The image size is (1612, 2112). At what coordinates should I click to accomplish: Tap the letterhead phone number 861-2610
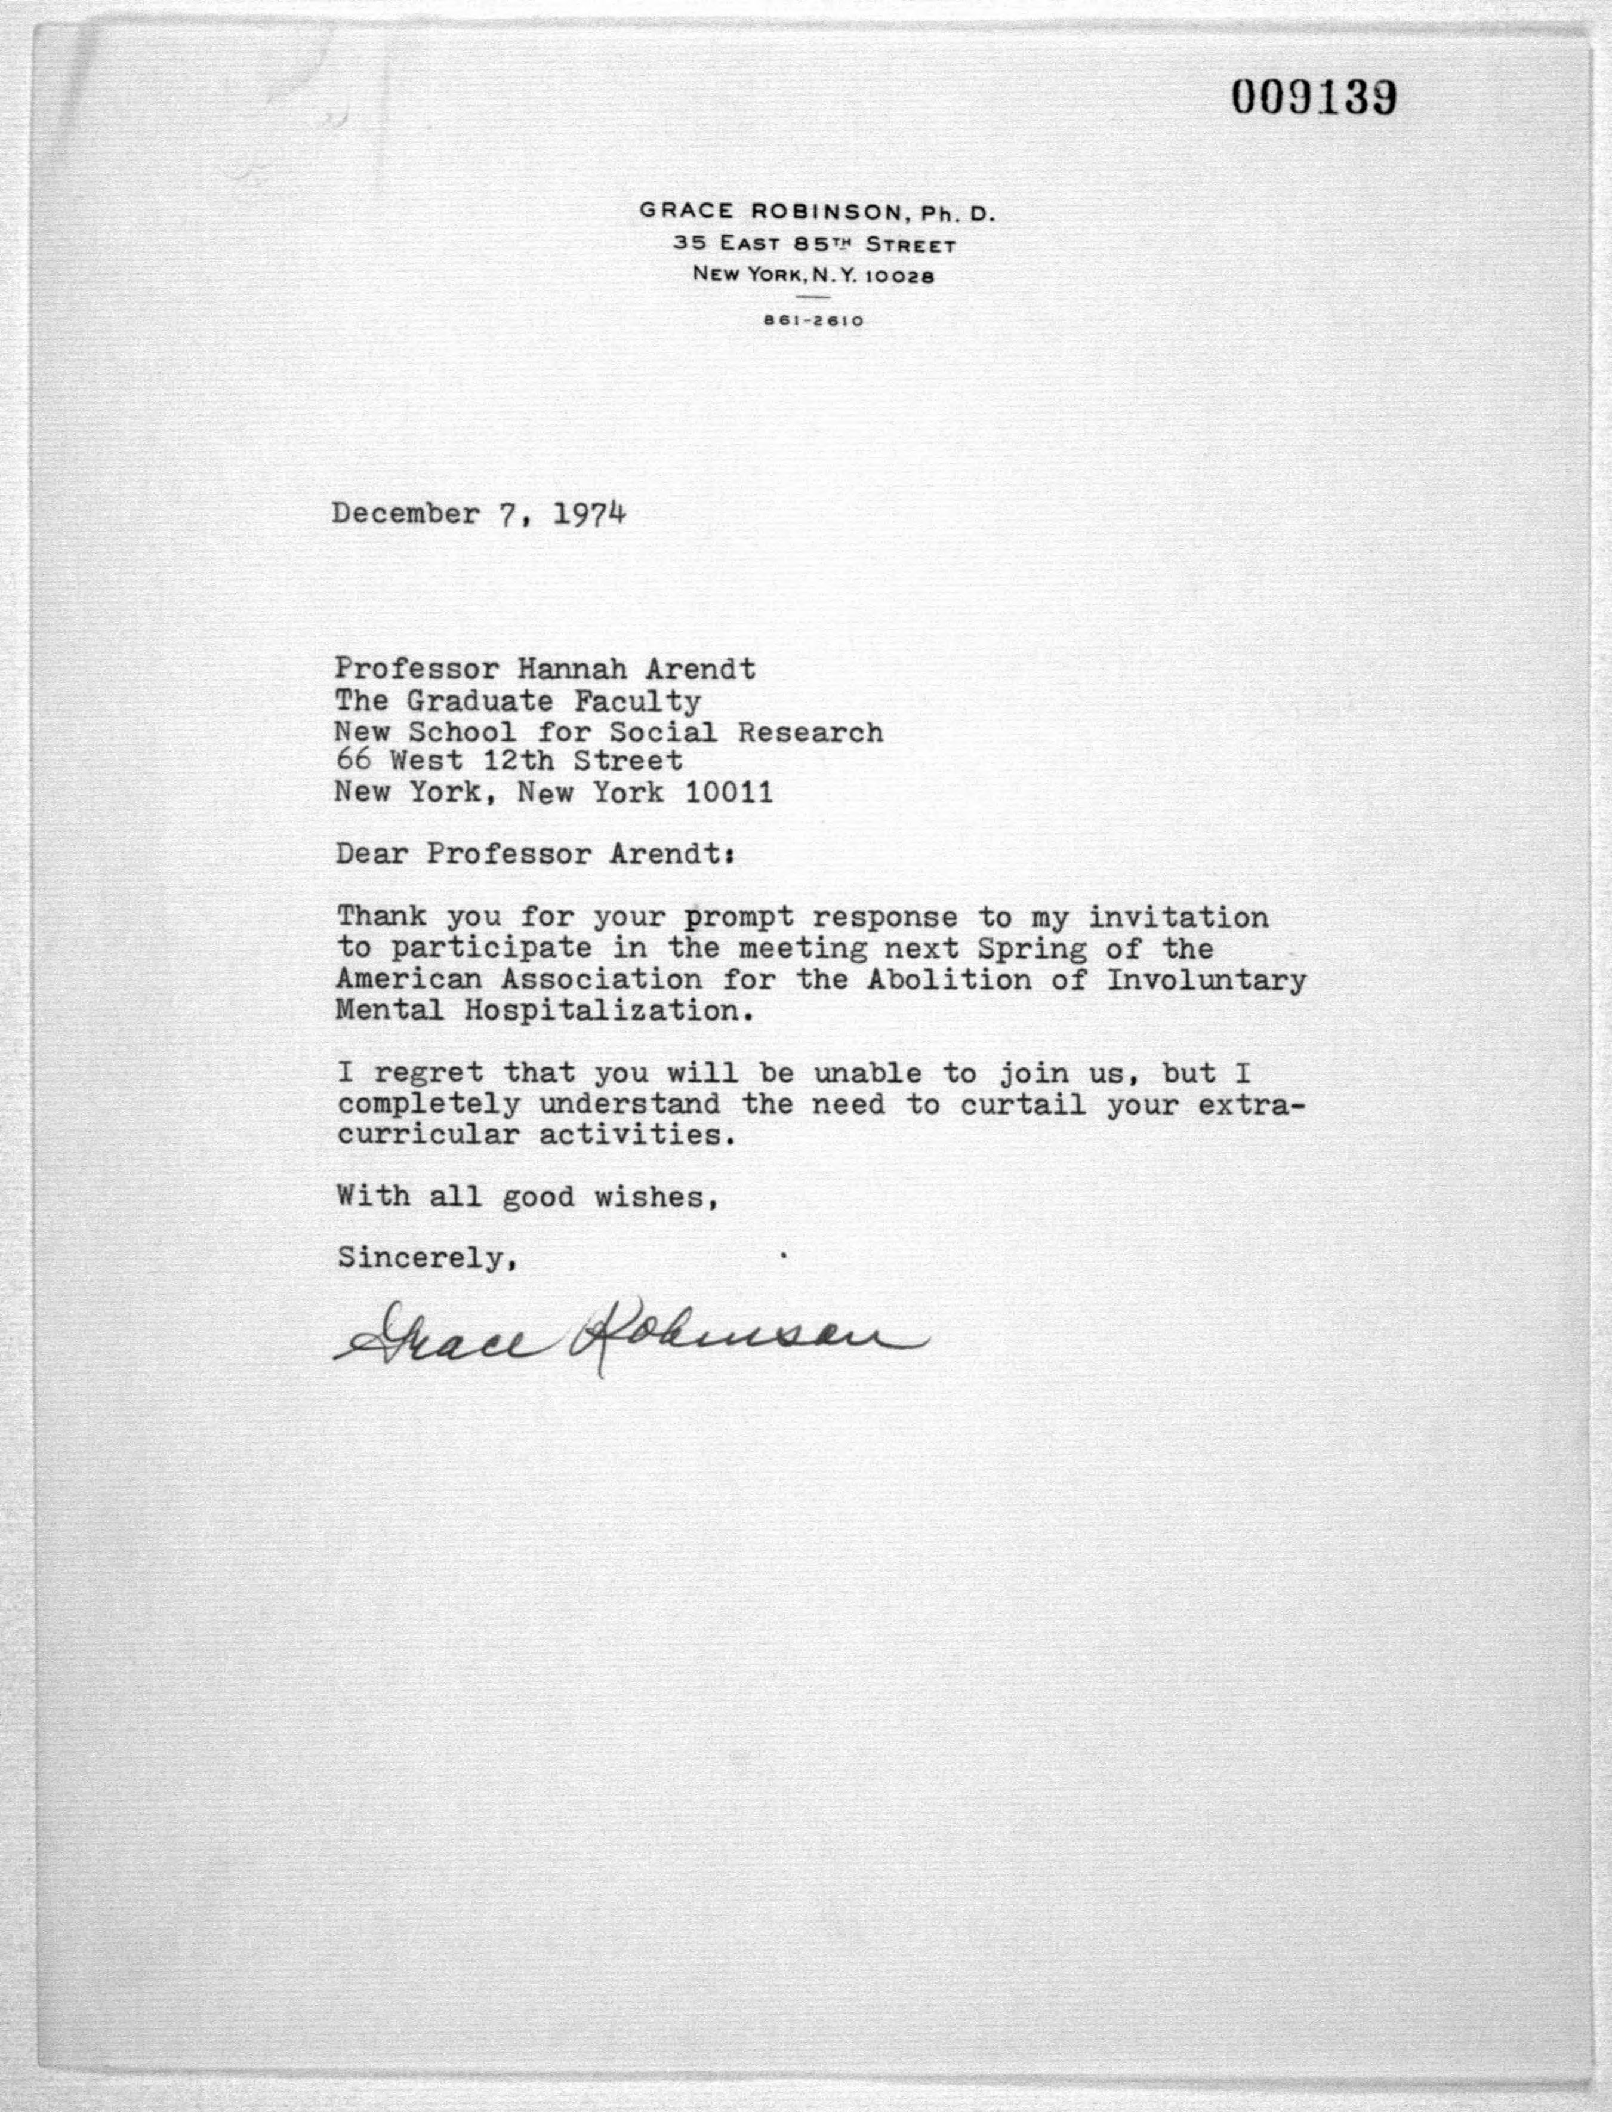tap(813, 321)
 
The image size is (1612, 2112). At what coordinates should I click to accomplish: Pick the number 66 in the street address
tap(351, 762)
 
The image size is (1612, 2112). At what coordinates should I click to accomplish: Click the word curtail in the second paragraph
tap(1023, 1104)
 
